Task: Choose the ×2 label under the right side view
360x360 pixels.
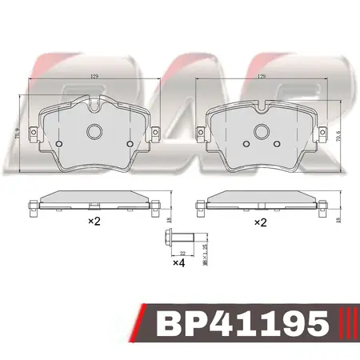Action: coord(259,221)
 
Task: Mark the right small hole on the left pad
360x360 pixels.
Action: coord(129,143)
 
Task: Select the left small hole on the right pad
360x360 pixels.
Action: coord(246,143)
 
